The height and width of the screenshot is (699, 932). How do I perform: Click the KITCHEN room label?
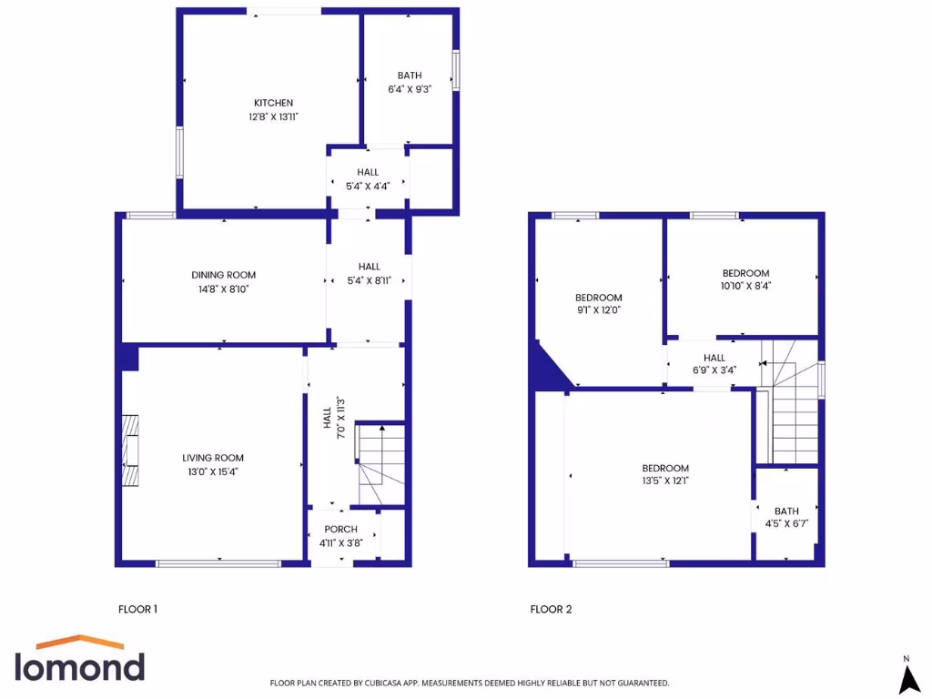(273, 103)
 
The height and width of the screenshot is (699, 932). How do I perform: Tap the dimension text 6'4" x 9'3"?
(409, 89)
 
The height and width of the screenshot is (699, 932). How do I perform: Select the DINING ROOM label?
(223, 275)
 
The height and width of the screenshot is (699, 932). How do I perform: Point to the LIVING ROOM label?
(213, 458)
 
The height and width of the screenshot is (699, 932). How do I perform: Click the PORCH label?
(341, 530)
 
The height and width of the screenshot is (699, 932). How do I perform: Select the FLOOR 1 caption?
(138, 609)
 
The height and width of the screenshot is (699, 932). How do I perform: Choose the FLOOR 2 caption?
(551, 609)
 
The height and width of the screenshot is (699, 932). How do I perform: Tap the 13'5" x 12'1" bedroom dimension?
(665, 481)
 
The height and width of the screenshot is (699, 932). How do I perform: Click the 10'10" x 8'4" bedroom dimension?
(745, 286)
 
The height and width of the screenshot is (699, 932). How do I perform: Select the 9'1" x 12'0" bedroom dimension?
(598, 309)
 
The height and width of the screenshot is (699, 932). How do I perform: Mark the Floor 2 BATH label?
(786, 512)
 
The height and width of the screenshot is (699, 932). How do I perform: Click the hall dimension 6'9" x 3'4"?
(714, 370)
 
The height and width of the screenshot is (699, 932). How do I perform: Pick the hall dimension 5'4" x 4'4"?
(368, 186)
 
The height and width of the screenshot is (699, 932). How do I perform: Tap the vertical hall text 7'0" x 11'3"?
(339, 418)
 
